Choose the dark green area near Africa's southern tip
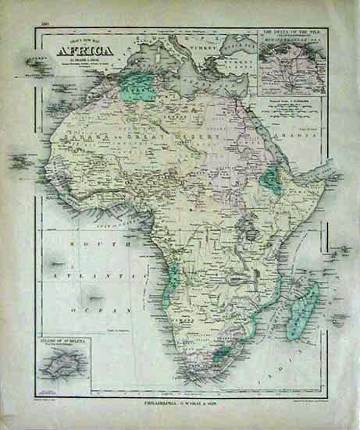pyautogui.click(x=223, y=356)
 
